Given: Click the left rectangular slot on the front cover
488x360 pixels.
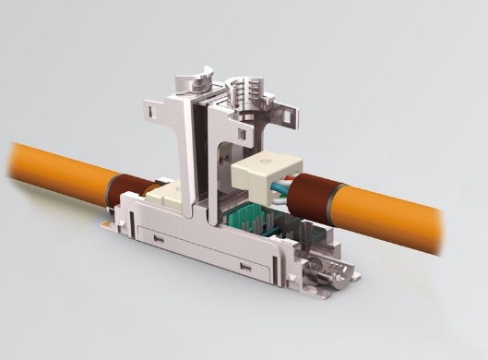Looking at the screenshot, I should pos(159,241).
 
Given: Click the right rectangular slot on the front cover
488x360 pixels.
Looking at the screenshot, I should pos(245,268).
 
